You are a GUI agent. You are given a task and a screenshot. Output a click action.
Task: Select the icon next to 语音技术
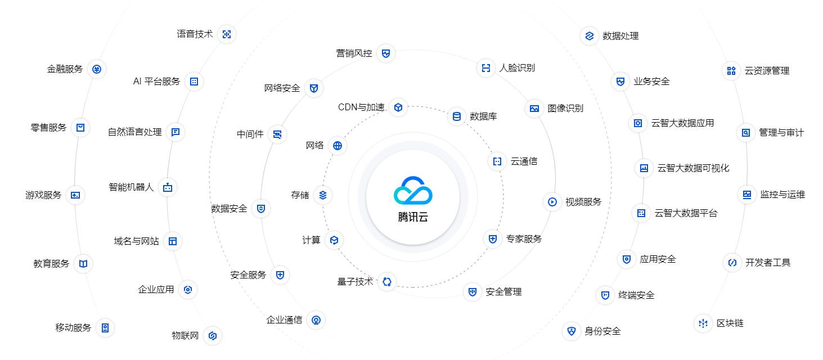(227, 34)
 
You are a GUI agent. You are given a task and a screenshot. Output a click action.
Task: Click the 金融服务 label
(65, 69)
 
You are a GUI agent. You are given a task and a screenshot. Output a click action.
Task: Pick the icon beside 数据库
(457, 116)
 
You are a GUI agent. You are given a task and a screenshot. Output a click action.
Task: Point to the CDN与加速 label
(361, 107)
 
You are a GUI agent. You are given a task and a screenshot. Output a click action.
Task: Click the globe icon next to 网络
(338, 146)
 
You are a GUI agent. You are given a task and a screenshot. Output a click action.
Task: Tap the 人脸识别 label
(517, 68)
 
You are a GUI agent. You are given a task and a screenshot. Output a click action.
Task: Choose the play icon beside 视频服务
(552, 202)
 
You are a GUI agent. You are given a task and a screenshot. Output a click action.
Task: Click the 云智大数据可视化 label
(693, 168)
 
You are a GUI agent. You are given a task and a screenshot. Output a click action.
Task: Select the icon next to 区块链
(703, 323)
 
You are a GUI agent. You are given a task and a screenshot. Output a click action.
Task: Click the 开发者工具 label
(768, 262)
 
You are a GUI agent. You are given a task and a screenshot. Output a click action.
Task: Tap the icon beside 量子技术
(386, 282)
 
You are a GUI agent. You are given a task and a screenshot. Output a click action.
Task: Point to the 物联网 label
(185, 336)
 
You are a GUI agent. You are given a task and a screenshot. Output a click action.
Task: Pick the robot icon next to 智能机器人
(167, 187)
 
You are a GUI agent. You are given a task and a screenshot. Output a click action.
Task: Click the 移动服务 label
(73, 327)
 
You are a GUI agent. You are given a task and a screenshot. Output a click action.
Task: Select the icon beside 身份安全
(572, 331)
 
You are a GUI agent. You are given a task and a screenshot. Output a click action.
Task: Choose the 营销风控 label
(354, 53)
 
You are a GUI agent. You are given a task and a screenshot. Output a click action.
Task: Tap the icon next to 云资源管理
(731, 71)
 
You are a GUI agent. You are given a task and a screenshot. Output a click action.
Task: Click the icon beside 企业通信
(316, 321)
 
